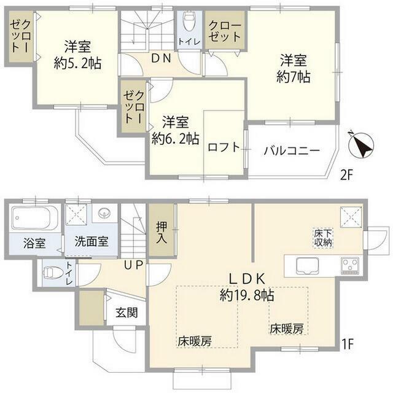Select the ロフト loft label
pyautogui.click(x=223, y=147)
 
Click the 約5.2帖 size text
pyautogui.click(x=76, y=63)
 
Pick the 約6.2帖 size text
pyautogui.click(x=175, y=139)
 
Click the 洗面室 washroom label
pyautogui.click(x=87, y=240)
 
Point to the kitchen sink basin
pyautogui.click(x=306, y=266)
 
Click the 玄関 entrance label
pyautogui.click(x=126, y=312)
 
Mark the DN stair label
pyautogui.click(x=161, y=58)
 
